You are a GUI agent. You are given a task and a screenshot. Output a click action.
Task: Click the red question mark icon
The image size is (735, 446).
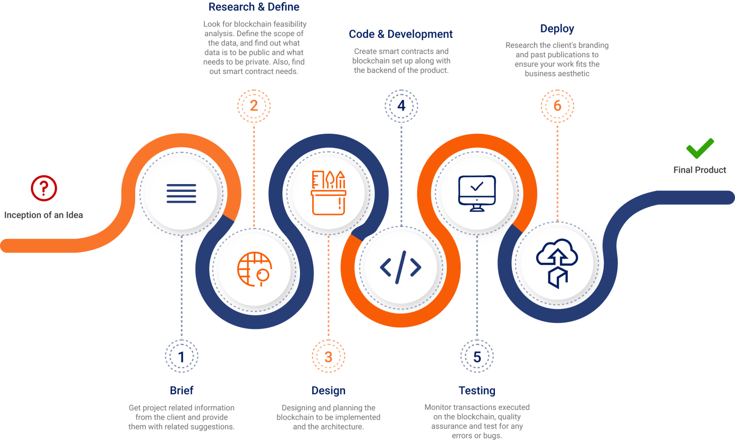tap(44, 188)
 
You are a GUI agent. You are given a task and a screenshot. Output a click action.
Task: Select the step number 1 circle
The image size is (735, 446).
tap(181, 356)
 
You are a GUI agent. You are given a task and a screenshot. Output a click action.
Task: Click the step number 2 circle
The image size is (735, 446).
tap(254, 106)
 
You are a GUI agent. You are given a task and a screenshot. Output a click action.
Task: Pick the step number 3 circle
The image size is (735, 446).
tap(328, 356)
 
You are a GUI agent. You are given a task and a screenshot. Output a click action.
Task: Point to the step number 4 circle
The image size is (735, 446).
tap(401, 106)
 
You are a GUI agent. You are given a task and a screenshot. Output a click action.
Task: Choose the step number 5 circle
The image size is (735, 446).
tap(477, 356)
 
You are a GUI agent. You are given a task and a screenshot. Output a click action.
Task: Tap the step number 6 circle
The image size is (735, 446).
tap(558, 106)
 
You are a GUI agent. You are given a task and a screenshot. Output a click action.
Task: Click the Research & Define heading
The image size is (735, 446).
tap(254, 7)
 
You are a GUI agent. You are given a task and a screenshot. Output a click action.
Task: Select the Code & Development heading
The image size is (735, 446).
tap(401, 34)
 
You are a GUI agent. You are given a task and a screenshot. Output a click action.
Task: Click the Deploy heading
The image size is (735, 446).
tap(557, 29)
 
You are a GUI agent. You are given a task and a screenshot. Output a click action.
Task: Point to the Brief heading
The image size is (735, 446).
tap(181, 390)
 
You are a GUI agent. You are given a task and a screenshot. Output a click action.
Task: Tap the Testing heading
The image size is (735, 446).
tap(477, 390)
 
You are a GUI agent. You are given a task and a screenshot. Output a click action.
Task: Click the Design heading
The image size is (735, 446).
tap(328, 391)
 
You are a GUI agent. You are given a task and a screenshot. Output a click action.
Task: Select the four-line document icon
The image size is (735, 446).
tap(181, 193)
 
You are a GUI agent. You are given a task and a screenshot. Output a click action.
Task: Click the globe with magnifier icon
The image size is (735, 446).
tap(255, 269)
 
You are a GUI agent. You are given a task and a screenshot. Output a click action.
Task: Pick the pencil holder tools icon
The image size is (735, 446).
tap(328, 193)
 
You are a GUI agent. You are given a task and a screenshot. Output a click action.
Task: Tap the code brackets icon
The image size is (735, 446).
tap(401, 267)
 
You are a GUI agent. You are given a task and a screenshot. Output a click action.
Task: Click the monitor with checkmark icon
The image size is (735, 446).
tap(477, 193)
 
